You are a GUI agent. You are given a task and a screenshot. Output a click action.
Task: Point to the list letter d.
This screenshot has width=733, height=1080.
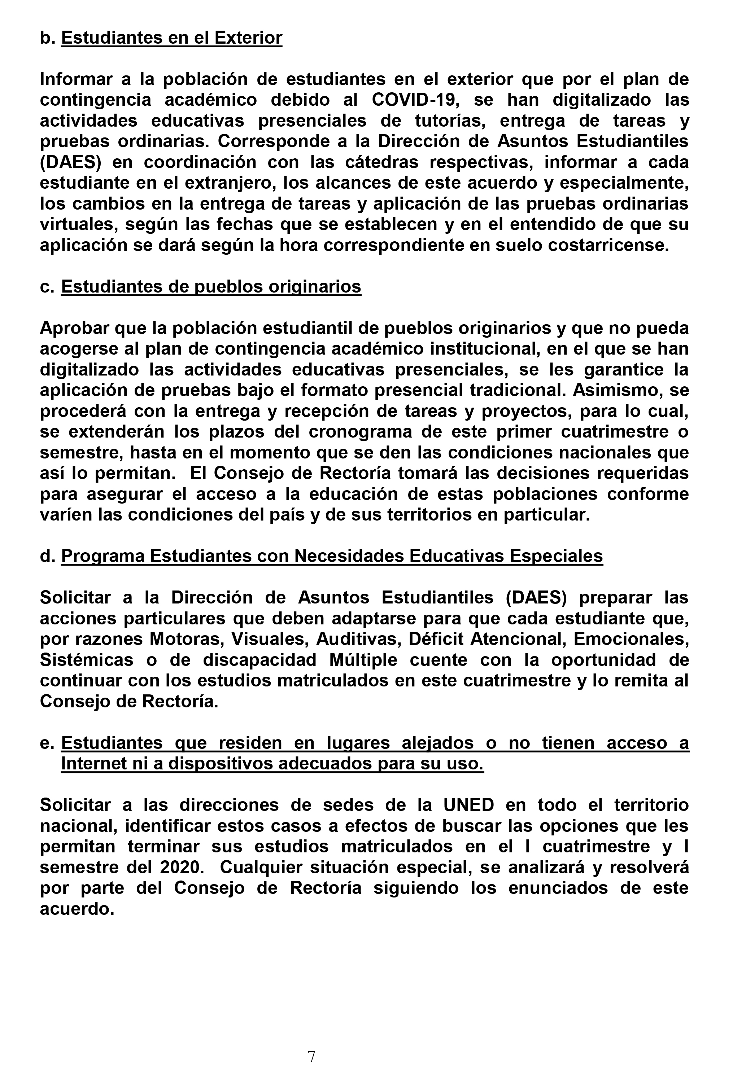pyautogui.click(x=47, y=556)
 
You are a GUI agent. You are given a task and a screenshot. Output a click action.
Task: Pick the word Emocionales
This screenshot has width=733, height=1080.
pyautogui.click(x=631, y=639)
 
